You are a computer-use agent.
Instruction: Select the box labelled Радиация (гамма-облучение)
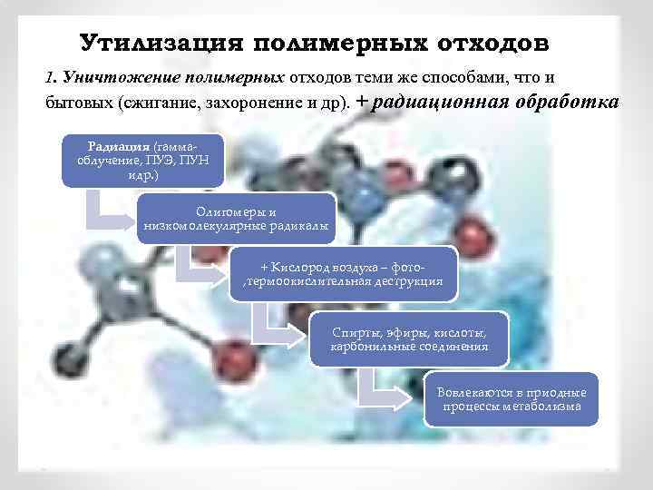point(136,161)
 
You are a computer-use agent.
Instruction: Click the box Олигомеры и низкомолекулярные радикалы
point(235,218)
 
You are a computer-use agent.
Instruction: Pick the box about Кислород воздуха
point(345,275)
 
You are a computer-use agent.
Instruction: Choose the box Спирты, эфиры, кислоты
point(409,338)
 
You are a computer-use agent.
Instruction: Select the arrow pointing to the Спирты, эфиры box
point(271,330)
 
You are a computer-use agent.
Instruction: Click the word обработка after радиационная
point(567,102)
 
